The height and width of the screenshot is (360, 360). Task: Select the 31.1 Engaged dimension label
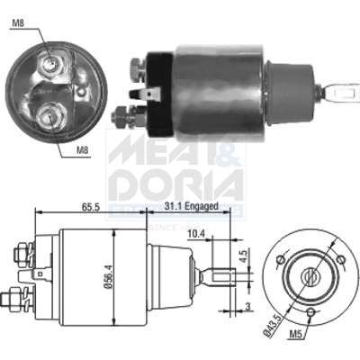[190, 206]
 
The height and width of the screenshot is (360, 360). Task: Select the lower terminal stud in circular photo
[51, 114]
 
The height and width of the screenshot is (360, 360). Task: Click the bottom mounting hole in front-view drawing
[310, 312]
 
